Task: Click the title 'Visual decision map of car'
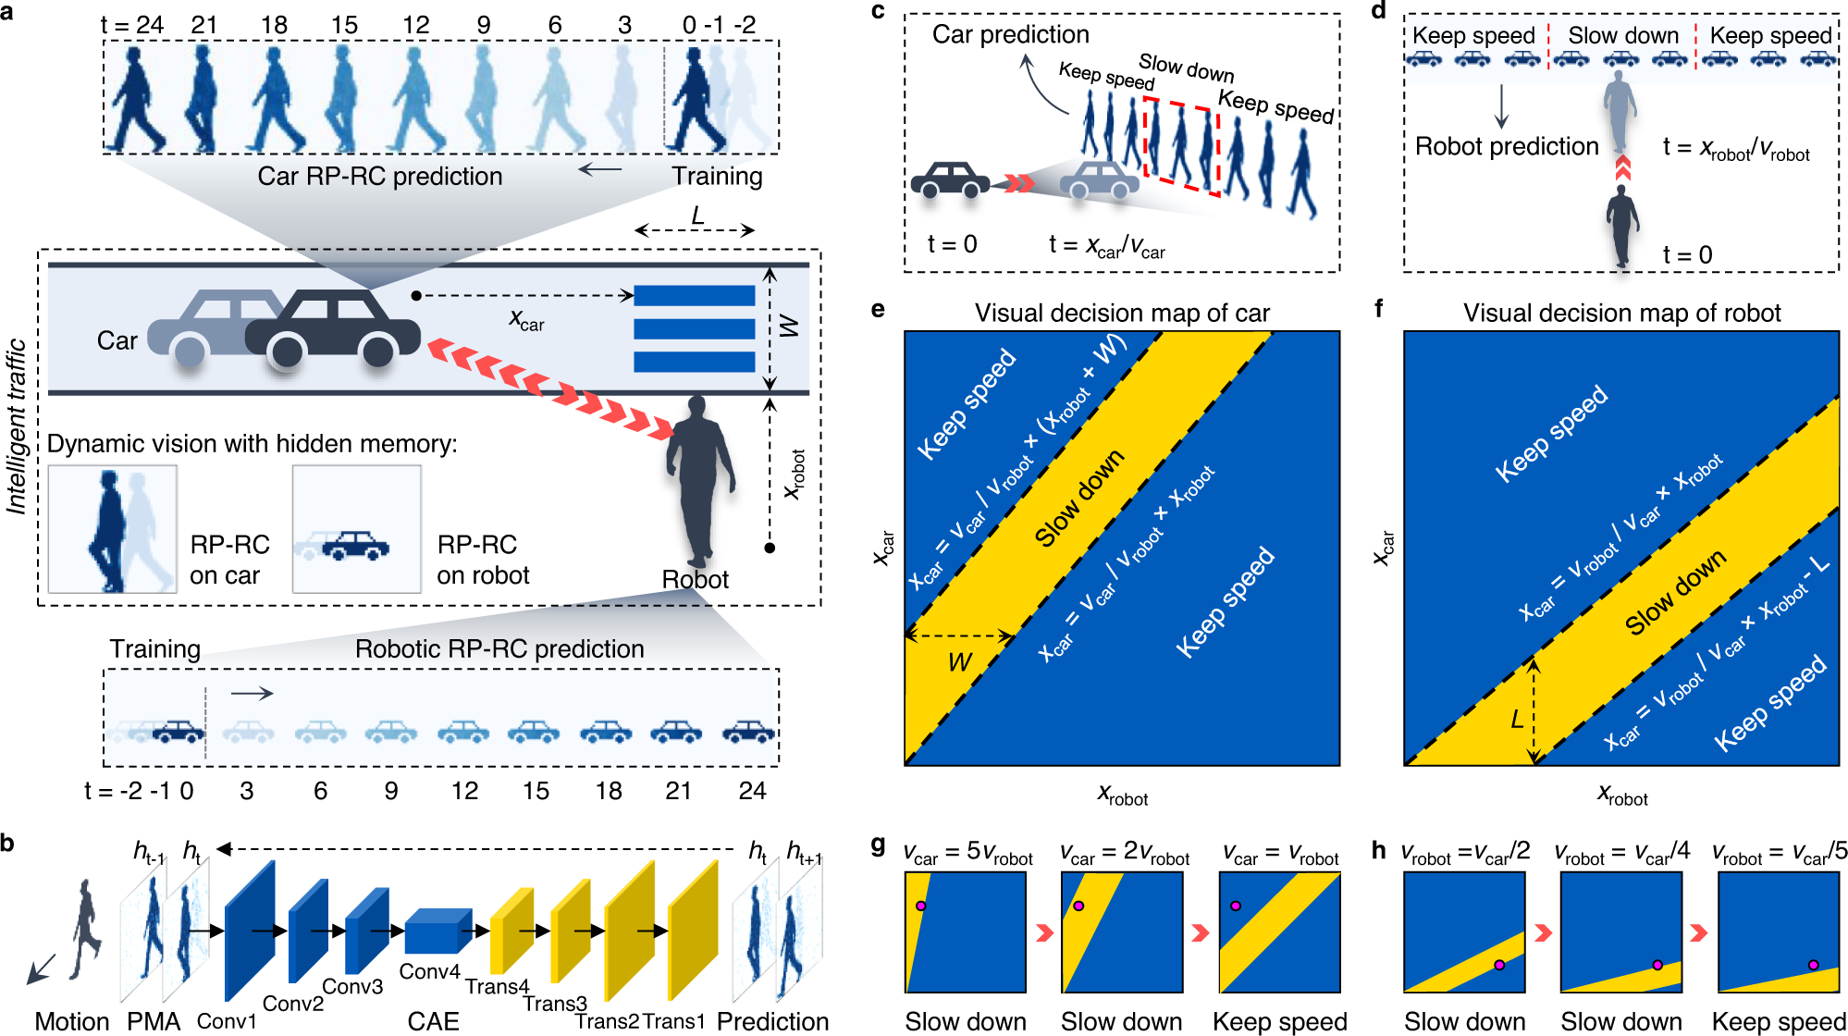click(1121, 313)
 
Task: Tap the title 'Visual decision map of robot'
click(1621, 313)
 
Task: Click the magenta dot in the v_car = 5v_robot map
click(920, 906)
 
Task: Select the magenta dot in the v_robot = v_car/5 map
click(1813, 965)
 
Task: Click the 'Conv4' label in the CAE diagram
click(429, 971)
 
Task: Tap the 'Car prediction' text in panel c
click(1010, 35)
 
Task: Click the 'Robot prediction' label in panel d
click(1507, 146)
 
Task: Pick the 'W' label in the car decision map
click(959, 662)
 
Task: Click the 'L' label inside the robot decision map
click(1517, 719)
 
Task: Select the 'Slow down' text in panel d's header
click(1623, 36)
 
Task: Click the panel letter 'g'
click(878, 845)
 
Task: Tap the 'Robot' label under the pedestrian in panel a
click(695, 579)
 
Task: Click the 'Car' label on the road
click(117, 341)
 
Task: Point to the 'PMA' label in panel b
click(154, 1021)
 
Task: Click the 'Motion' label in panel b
click(72, 1021)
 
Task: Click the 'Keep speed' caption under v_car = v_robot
click(1279, 1021)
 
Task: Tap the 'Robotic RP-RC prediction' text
click(499, 649)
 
